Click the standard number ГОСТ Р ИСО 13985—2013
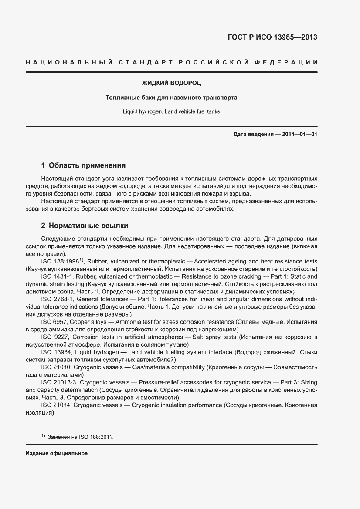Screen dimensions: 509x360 pyautogui.click(x=272, y=37)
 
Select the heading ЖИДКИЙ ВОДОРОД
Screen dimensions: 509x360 pyautogui.click(x=172, y=83)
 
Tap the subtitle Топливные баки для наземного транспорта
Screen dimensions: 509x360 pyautogui.click(x=172, y=98)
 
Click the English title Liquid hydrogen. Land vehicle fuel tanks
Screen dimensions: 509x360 pyautogui.click(x=172, y=111)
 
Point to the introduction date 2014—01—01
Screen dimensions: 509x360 pyautogui.click(x=300, y=134)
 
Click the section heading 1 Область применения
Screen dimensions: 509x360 pyautogui.click(x=83, y=165)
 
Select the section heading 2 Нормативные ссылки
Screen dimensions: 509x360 pyautogui.click(x=85, y=226)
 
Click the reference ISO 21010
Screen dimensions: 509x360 pyautogui.click(x=55, y=367)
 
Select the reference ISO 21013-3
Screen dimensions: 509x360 pyautogui.click(x=58, y=382)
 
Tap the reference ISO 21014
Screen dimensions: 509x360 pyautogui.click(x=55, y=405)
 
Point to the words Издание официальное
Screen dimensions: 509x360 pyautogui.click(x=57, y=453)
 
